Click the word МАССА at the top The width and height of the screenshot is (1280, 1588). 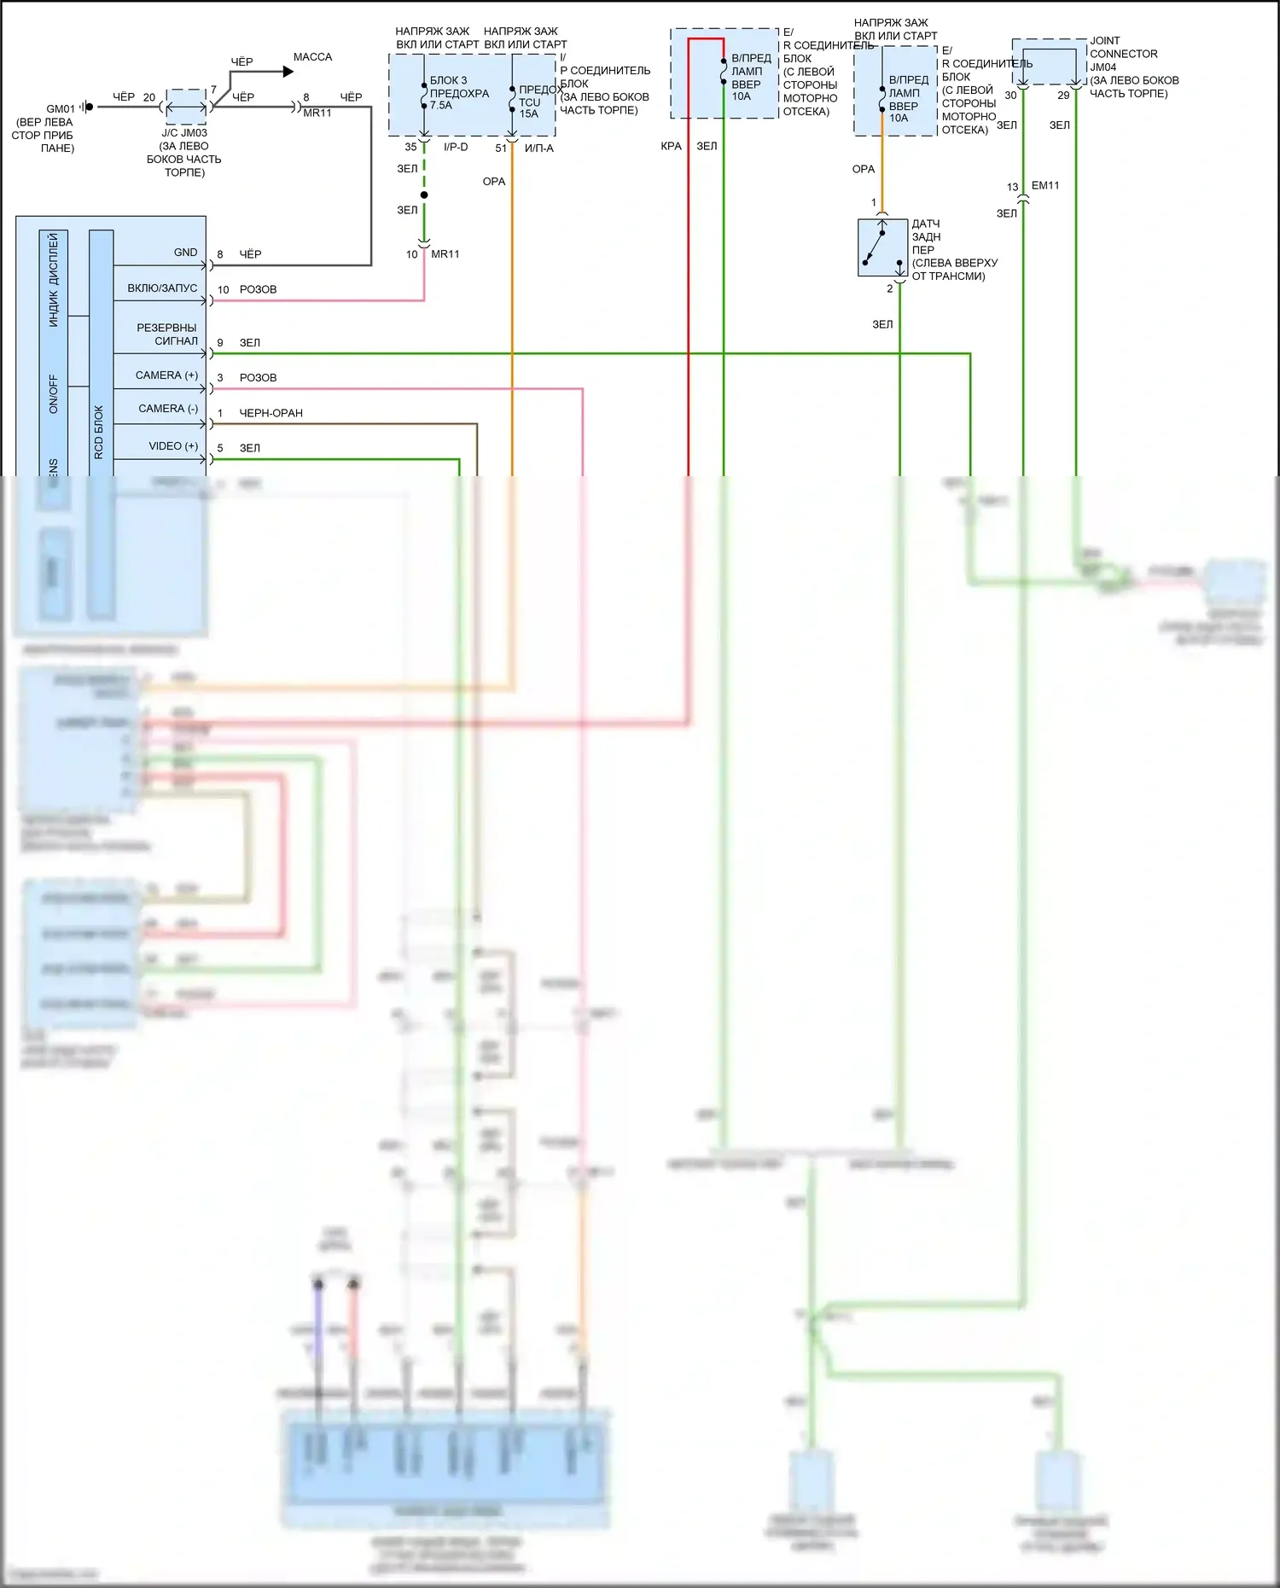point(312,57)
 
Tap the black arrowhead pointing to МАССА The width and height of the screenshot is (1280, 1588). point(288,73)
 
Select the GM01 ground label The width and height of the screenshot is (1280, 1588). point(61,109)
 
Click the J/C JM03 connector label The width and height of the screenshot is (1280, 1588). point(184,133)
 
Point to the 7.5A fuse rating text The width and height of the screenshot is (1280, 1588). point(440,106)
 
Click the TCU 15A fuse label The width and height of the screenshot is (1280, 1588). point(529,108)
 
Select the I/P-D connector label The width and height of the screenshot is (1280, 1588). point(456,148)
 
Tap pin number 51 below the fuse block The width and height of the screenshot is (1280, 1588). point(501,148)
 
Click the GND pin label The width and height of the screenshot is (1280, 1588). point(185,253)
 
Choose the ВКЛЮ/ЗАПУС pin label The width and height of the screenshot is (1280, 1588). point(162,288)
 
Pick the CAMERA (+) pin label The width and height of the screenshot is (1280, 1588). point(166,375)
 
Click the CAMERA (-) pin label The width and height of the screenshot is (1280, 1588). point(167,409)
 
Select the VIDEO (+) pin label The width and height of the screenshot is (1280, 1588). point(173,446)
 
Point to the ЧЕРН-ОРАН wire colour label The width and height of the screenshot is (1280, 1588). point(271,413)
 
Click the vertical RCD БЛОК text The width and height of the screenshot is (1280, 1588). point(98,432)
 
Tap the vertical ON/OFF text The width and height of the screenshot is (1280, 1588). point(54,394)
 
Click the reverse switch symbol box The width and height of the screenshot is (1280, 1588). point(882,247)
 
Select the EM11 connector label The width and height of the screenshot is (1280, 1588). point(1045,185)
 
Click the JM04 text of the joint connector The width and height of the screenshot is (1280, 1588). point(1103,67)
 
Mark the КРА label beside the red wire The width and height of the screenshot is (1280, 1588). point(671,146)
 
